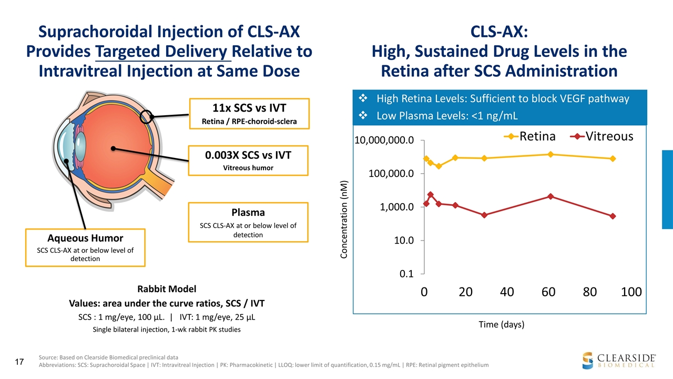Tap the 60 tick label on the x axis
pos(548,292)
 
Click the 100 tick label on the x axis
pos(631,292)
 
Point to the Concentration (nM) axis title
pos(344,220)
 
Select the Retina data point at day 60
pos(550,154)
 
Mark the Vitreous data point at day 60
pos(550,196)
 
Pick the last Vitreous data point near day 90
pos(613,216)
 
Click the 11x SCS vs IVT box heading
pos(248,108)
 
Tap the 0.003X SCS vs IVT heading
pos(248,155)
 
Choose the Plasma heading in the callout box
pos(248,212)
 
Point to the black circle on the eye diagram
pos(147,116)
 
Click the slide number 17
pos(20,362)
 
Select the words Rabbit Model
pos(167,289)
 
